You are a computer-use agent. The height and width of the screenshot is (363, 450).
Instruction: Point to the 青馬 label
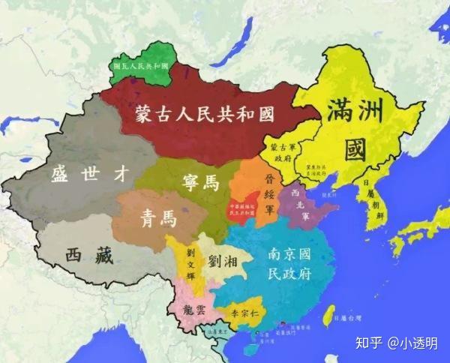coord(158,218)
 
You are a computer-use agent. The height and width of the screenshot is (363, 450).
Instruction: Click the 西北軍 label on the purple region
coord(301,197)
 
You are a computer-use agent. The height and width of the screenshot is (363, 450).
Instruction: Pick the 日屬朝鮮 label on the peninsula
coord(369,197)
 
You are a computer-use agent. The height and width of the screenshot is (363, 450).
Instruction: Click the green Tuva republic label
coord(141,65)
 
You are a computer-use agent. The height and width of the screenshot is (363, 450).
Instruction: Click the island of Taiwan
coord(327,316)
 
